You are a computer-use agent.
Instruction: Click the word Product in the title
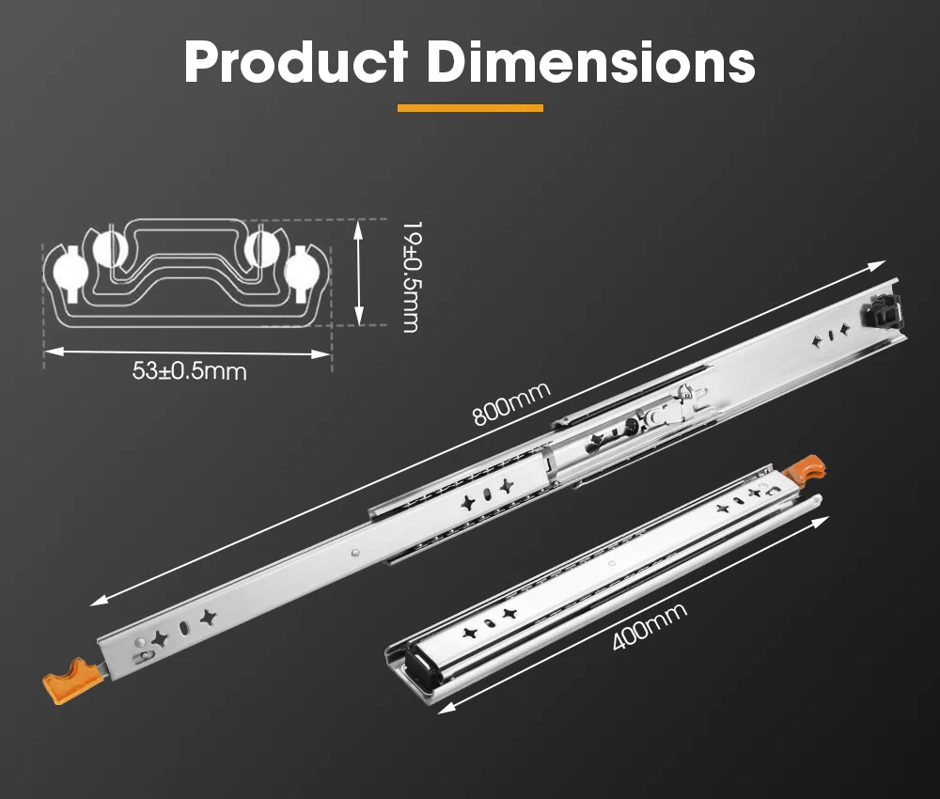click(x=295, y=62)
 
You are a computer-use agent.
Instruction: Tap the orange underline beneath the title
click(x=470, y=108)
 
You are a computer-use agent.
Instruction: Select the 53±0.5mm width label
click(x=189, y=371)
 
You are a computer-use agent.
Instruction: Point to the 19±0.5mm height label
click(x=410, y=276)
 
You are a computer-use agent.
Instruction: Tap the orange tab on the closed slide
click(x=807, y=467)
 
